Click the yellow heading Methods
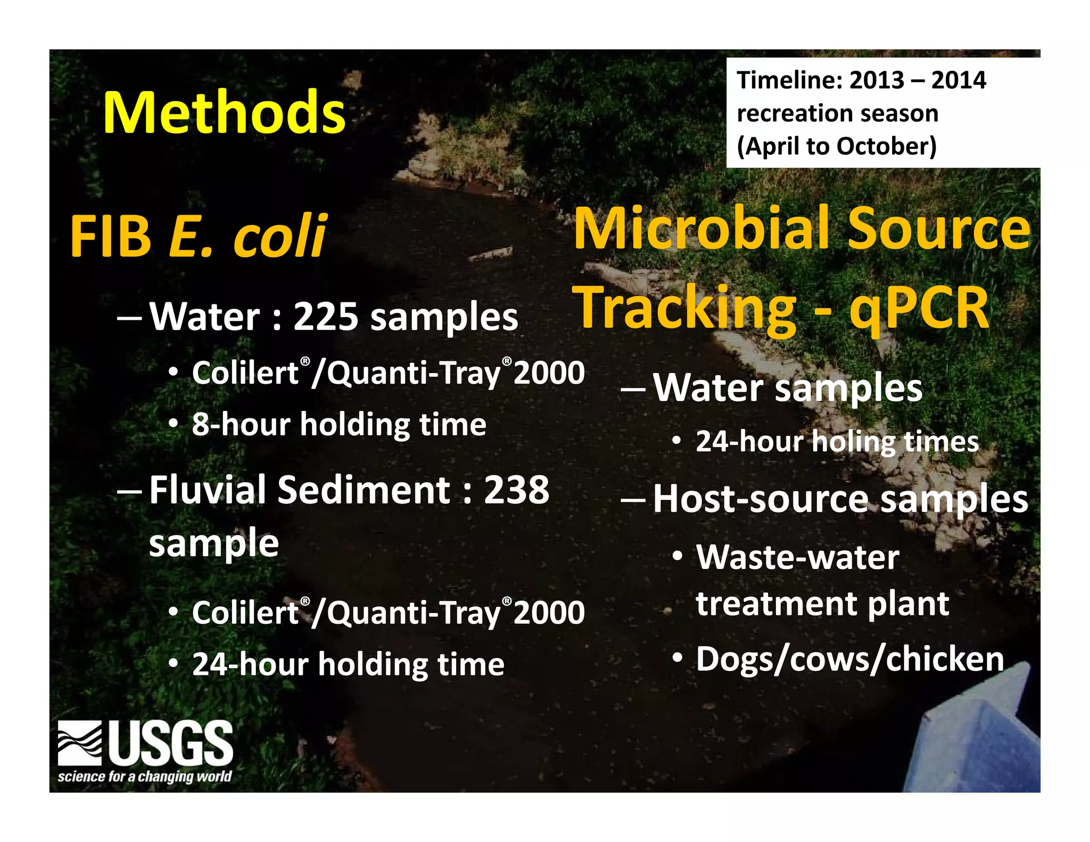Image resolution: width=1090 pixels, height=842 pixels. tap(224, 113)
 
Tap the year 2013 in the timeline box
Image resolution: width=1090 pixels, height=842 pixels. tap(877, 80)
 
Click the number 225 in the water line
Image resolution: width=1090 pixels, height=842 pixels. tap(326, 317)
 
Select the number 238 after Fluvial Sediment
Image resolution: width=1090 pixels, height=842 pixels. tap(516, 490)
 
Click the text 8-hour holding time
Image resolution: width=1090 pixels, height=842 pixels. tap(339, 425)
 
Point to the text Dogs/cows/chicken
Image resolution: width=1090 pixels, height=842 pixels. tap(849, 659)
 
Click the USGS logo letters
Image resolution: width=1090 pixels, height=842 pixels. tap(171, 742)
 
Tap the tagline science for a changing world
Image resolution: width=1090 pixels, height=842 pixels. tap(145, 777)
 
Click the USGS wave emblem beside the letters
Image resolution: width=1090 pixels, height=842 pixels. tap(80, 742)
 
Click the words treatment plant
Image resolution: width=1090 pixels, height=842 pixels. tap(822, 604)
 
